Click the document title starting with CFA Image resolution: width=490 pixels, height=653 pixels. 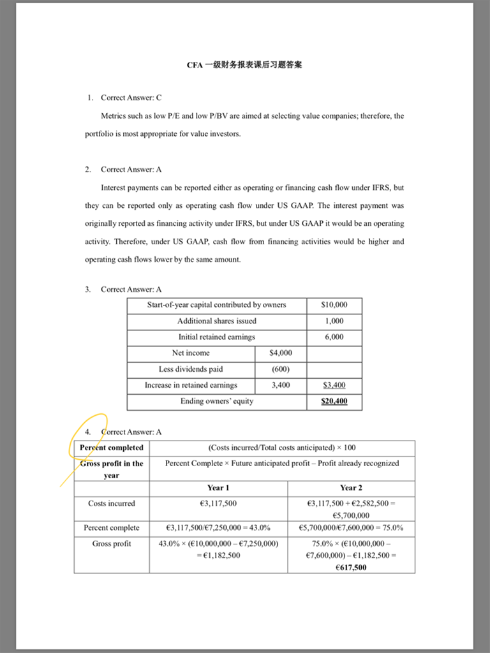244,65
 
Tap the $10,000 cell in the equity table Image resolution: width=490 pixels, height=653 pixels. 334,305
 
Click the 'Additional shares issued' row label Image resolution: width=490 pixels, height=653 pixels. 217,321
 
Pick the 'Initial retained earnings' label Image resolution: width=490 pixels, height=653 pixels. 217,337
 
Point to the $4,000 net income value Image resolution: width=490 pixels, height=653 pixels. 281,353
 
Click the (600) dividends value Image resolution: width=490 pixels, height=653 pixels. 281,369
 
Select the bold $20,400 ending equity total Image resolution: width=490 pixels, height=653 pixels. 334,402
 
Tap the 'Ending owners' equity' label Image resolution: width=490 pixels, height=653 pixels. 217,401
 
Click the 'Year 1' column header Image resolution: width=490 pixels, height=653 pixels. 218,488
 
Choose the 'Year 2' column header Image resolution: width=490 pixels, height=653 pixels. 351,488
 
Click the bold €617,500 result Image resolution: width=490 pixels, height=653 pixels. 351,568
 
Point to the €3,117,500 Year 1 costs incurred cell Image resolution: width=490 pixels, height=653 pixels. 218,504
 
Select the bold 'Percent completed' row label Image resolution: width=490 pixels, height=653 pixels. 112,448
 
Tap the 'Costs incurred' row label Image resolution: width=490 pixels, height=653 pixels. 112,504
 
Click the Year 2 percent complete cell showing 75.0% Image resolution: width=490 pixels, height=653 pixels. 351,528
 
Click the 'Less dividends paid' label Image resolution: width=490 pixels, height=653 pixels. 191,369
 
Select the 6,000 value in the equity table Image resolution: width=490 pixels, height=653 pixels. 334,337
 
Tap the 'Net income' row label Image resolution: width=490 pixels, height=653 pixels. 191,353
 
